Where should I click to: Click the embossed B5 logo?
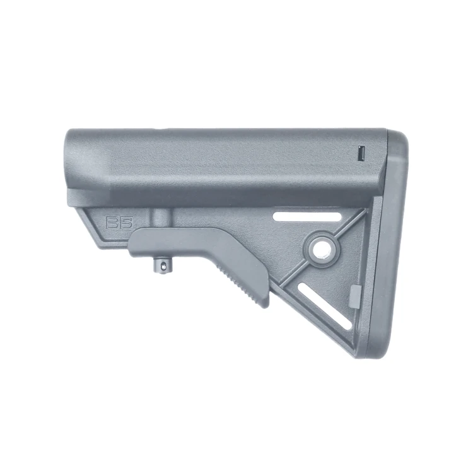pyautogui.click(x=119, y=223)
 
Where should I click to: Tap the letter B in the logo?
pyautogui.click(x=112, y=223)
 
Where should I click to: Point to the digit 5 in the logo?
pyautogui.click(x=126, y=223)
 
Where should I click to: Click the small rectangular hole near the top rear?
pyautogui.click(x=361, y=154)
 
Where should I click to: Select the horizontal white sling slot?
pyautogui.click(x=307, y=216)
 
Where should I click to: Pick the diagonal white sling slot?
pyautogui.click(x=325, y=306)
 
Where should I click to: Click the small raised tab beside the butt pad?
pyautogui.click(x=355, y=297)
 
